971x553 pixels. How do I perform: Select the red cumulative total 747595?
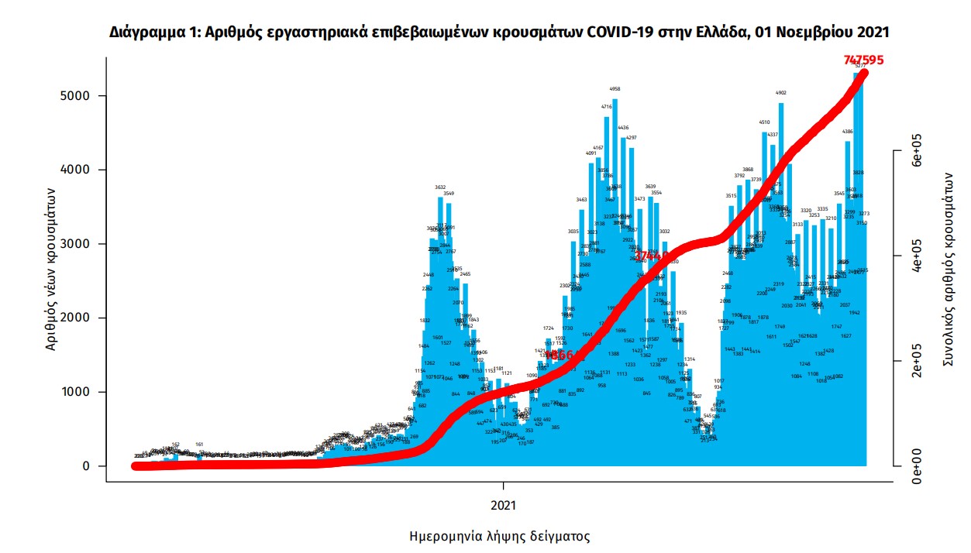click(x=864, y=60)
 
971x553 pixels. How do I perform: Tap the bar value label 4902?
click(x=780, y=93)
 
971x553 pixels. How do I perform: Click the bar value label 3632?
click(x=440, y=187)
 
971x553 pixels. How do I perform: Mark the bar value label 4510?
click(x=764, y=122)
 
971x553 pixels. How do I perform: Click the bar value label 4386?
click(x=848, y=132)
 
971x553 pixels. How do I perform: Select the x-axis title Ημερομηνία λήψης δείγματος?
click(x=499, y=536)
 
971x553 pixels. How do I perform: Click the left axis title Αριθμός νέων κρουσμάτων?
click(x=51, y=269)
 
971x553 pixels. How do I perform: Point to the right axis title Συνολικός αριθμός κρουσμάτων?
click(x=947, y=269)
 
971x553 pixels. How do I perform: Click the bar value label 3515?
click(x=731, y=196)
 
